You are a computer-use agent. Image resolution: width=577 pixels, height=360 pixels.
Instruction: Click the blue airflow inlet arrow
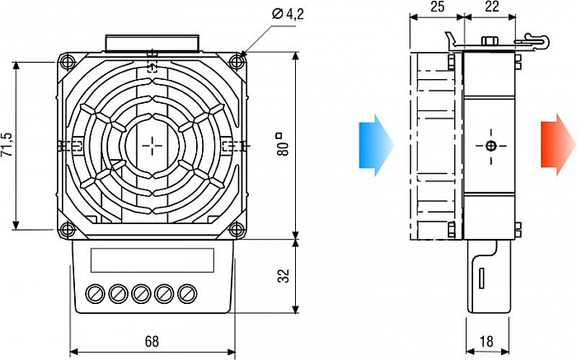pos(376,146)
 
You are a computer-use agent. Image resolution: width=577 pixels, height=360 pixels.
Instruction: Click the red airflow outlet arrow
pos(557,145)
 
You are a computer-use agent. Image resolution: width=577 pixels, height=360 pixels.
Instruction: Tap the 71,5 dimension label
pos(7,144)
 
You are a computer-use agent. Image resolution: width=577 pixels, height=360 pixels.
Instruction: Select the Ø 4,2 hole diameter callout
pos(288,14)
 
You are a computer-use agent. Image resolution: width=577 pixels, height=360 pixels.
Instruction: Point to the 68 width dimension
pos(152,341)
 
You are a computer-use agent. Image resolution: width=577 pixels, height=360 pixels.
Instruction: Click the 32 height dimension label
pos(284,276)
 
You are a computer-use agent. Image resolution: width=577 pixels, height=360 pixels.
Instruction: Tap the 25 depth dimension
pos(437,7)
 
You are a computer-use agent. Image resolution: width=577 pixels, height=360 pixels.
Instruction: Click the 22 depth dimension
pos(492,7)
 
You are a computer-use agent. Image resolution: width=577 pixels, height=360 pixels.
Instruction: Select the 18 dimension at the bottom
pos(486,341)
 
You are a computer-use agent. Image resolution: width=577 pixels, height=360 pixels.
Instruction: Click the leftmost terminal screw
pos(96,293)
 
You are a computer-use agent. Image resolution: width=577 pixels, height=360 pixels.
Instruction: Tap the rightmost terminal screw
pos(187,293)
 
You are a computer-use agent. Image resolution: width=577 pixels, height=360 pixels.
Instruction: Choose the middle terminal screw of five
pos(141,293)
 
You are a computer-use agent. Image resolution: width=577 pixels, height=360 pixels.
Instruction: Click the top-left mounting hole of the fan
pos(68,62)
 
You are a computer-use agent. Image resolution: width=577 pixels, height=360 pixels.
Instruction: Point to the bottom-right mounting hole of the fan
pos(237,230)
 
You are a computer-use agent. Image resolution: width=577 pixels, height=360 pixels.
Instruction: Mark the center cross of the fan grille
pos(152,146)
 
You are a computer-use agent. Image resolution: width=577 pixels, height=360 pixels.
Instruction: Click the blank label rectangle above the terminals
pos(152,260)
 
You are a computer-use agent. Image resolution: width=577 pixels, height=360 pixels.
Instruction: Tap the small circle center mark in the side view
pos(491,146)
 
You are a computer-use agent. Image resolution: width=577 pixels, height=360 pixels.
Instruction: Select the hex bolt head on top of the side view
pos(489,40)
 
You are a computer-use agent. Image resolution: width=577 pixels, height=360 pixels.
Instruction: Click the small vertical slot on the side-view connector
pos(481,278)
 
